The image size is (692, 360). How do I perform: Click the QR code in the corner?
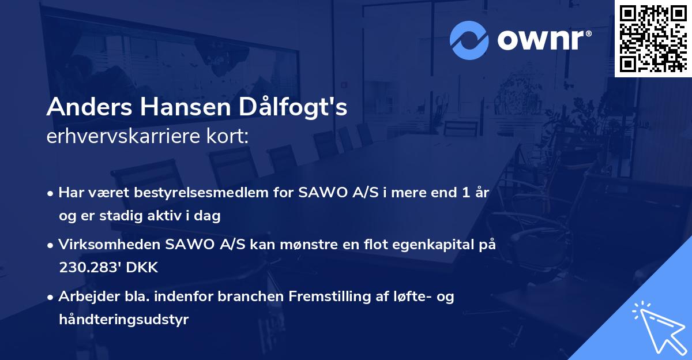click(x=653, y=38)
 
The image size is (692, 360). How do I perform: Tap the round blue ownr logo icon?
click(x=469, y=40)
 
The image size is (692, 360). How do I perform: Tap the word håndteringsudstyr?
click(x=123, y=320)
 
